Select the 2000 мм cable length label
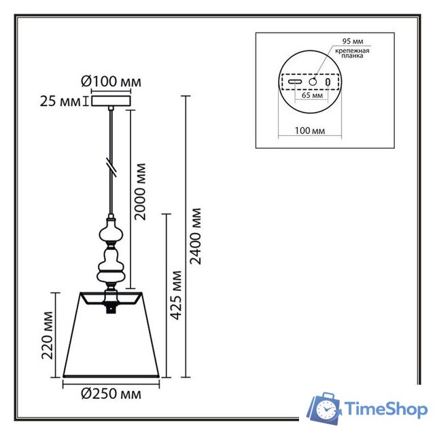[x=141, y=192]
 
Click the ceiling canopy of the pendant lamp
[x=111, y=101]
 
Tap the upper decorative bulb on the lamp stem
[x=111, y=232]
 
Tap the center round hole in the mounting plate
[x=313, y=82]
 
